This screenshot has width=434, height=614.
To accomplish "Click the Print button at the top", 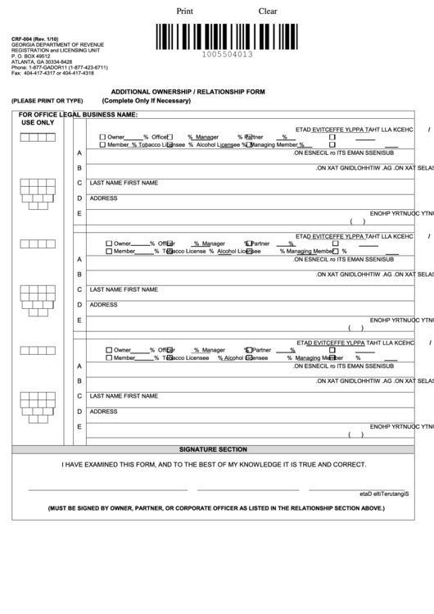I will pos(186,11).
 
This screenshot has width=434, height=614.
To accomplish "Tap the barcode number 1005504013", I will pos(227,54).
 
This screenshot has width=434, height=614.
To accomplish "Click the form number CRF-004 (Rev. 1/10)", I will pos(35,39).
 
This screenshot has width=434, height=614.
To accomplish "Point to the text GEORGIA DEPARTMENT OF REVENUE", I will pos(52,44).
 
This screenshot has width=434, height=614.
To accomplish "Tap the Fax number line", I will pos(52,73).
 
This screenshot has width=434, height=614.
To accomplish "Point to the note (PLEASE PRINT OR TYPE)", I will pos(47,100).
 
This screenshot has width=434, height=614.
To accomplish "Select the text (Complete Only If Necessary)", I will pos(146,100).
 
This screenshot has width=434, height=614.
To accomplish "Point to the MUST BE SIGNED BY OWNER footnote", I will pos(215,508).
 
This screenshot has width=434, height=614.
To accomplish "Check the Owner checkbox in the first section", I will pos(102,137).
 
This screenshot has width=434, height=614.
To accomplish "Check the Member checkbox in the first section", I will pos(102,144).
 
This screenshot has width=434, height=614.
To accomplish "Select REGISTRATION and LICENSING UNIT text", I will pos(47,50).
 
